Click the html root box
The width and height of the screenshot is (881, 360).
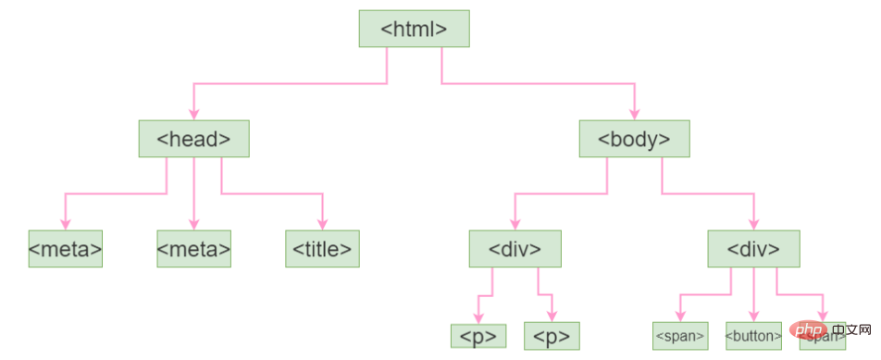414,29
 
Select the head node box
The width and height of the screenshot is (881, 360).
193,139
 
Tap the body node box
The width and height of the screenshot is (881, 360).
634,139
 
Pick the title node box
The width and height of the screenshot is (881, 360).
322,248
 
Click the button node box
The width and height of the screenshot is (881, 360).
753,335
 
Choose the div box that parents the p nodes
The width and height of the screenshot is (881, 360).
515,248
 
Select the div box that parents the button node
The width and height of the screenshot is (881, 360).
753,248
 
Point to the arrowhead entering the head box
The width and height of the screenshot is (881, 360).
193,115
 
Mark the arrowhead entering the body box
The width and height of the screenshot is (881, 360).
634,115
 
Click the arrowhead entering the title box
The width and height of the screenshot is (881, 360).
322,224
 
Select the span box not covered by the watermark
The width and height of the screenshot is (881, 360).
680,335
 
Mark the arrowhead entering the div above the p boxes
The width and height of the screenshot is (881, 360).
515,224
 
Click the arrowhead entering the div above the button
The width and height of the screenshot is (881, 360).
753,224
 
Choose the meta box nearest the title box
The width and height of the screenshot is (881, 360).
193,248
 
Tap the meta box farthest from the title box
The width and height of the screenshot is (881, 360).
65,248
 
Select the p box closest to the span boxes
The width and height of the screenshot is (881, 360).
552,335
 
